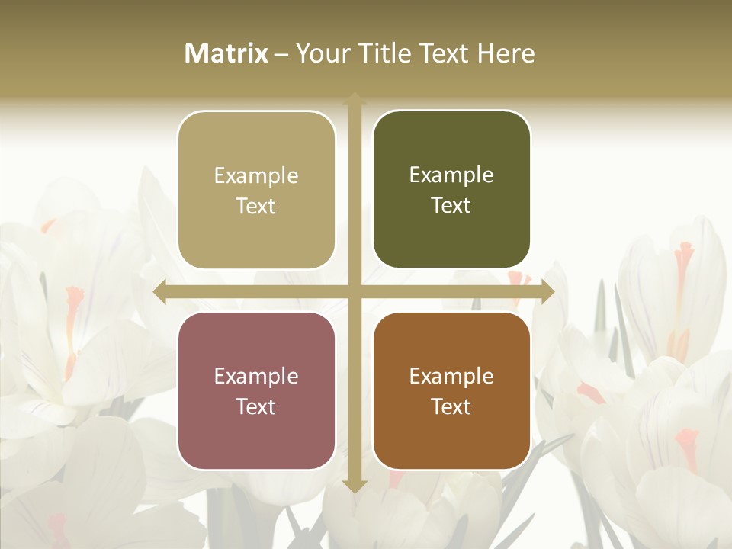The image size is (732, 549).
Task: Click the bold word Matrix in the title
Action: [x=226, y=53]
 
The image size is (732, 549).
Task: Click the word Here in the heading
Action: [x=506, y=53]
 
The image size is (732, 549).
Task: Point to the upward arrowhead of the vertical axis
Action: [x=355, y=99]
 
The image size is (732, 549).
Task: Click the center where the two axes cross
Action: [x=355, y=292]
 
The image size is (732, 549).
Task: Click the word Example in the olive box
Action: [x=451, y=175]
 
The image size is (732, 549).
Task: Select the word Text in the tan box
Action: [x=256, y=207]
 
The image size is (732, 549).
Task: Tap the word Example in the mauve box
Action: [x=256, y=376]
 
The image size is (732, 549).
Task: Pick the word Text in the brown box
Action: [x=451, y=407]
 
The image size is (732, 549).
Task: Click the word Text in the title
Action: [x=445, y=53]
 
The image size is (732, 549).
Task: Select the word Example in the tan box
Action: [x=256, y=176]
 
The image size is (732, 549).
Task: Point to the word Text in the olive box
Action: [x=451, y=206]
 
